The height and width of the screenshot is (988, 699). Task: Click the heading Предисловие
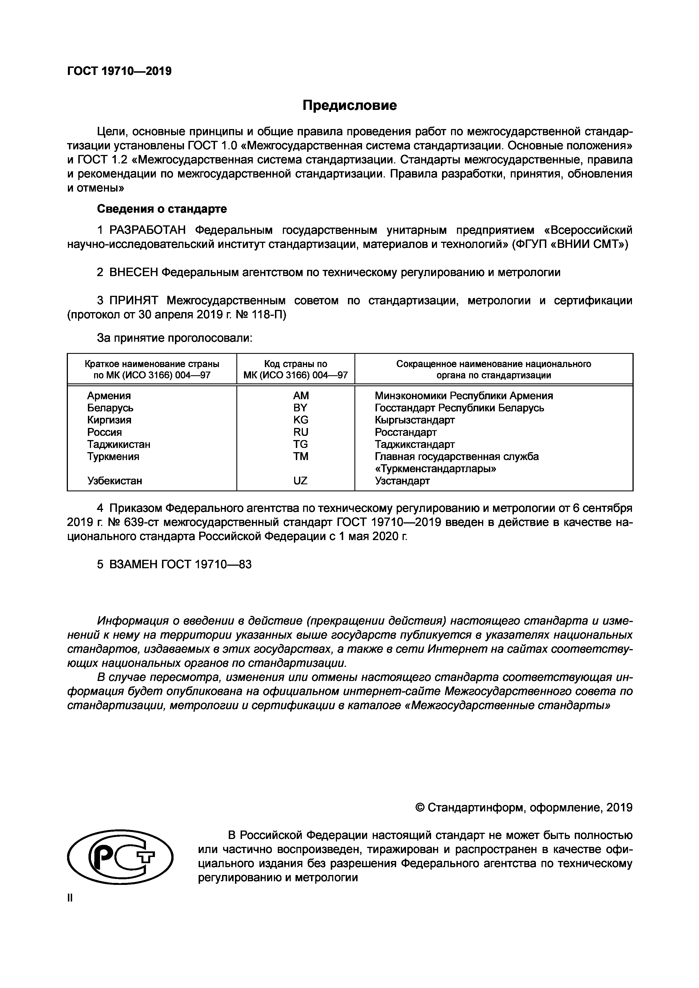pos(349,105)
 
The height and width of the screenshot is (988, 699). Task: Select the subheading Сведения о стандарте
pos(161,209)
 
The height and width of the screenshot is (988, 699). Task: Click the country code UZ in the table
pos(300,481)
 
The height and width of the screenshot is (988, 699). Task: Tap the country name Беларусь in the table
pos(110,407)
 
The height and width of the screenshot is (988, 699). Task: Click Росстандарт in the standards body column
pos(405,432)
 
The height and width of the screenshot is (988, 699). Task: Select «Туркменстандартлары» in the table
pos(435,469)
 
